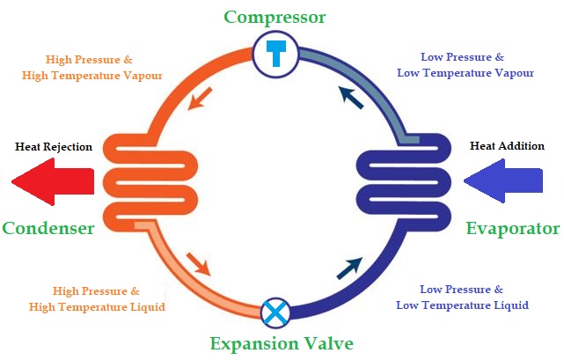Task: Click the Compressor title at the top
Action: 275,17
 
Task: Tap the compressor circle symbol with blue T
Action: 276,55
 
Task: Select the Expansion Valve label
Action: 282,343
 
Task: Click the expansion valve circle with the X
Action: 275,312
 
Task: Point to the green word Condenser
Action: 48,228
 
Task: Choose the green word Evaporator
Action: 513,229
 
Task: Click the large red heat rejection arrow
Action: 53,181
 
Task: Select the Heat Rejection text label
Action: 53,146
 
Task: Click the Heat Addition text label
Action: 507,145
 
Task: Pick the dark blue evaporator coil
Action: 405,180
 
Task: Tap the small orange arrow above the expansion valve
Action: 198,263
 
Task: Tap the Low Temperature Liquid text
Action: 462,305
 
